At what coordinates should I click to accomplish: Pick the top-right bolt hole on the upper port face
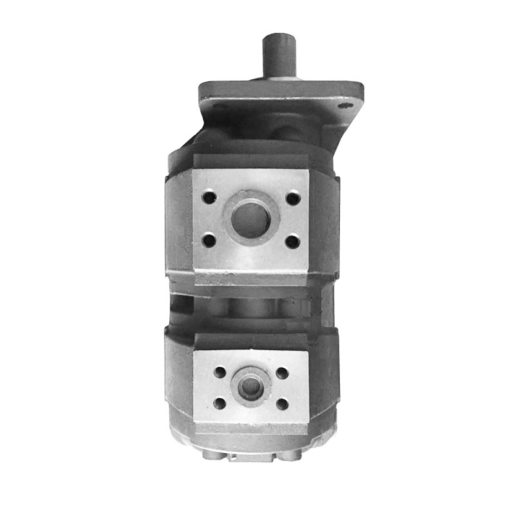pyautogui.click(x=292, y=198)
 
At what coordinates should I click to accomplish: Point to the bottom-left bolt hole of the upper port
pyautogui.click(x=209, y=241)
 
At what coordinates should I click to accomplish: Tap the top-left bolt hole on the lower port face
pyautogui.click(x=220, y=372)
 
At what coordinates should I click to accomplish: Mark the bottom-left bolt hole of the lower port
pyautogui.click(x=220, y=403)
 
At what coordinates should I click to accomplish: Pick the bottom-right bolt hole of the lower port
pyautogui.click(x=281, y=403)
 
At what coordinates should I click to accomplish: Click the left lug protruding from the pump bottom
pyautogui.click(x=212, y=455)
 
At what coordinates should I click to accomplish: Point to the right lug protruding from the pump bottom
pyautogui.click(x=288, y=455)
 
